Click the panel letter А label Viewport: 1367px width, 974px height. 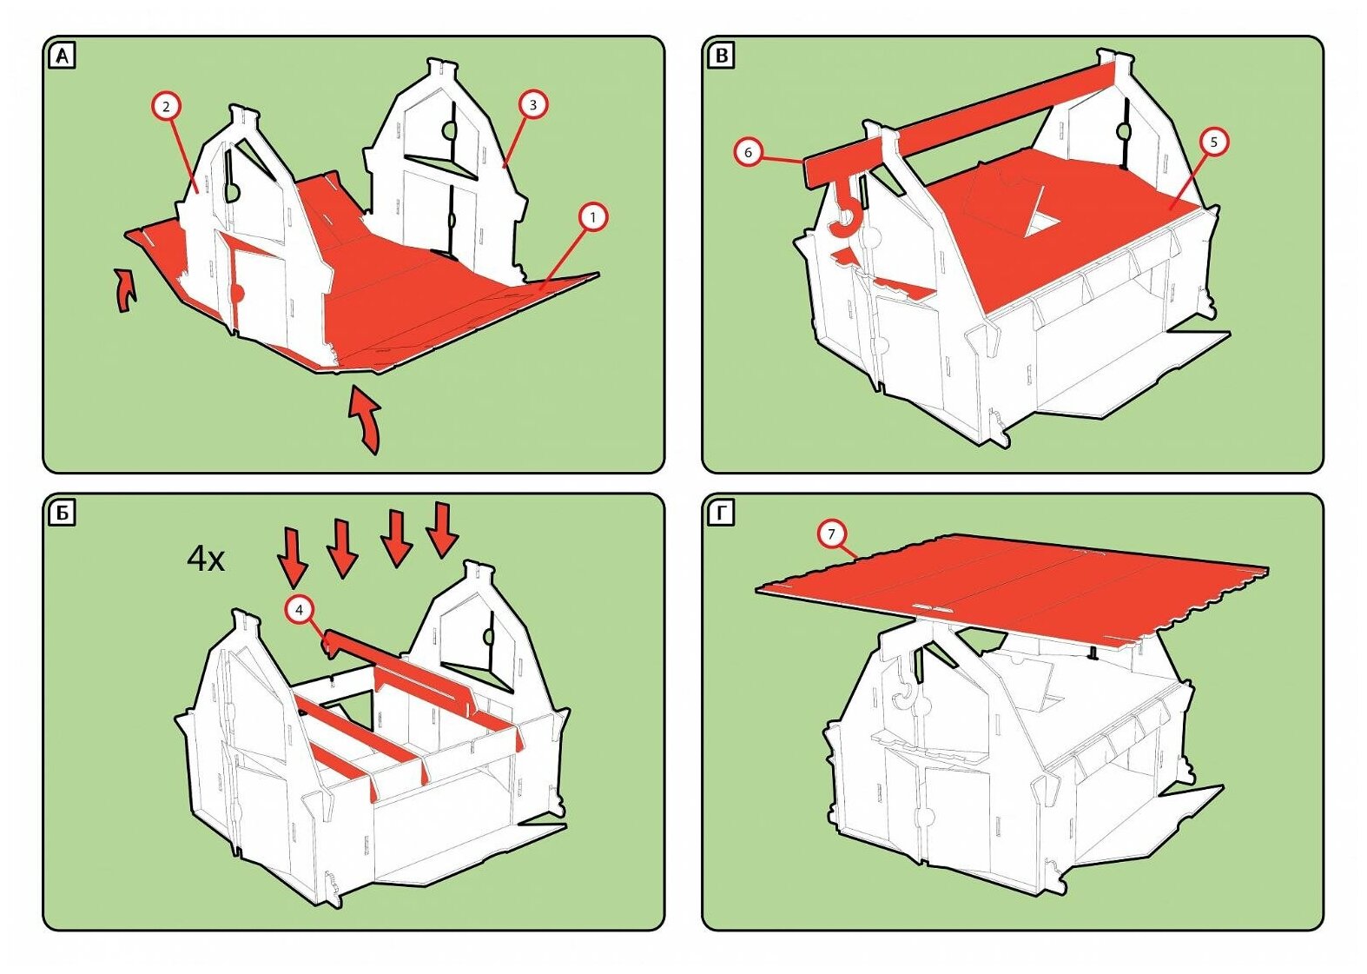[63, 56]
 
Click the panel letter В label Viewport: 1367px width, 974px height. [721, 56]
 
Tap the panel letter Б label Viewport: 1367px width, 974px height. [63, 514]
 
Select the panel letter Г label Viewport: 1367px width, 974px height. [721, 514]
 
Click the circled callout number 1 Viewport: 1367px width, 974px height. [592, 216]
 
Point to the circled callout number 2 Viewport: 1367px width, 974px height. [166, 107]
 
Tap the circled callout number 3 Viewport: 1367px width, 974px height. [532, 104]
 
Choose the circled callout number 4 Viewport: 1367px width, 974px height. [299, 610]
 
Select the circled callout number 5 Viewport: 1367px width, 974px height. [1214, 141]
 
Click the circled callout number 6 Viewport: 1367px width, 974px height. [748, 152]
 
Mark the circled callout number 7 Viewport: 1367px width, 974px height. [831, 533]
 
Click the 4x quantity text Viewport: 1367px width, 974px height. [206, 559]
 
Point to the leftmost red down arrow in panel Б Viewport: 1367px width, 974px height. [294, 557]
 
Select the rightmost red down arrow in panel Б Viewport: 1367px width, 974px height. [442, 528]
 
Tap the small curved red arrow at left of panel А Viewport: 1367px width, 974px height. [126, 290]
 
